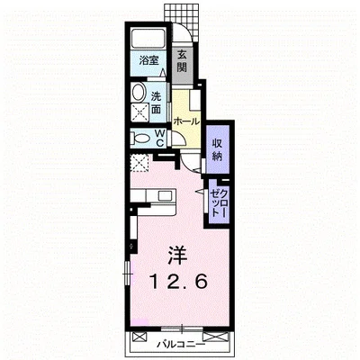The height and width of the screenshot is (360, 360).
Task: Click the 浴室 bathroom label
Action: (x=148, y=61)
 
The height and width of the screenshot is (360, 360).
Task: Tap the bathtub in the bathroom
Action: (x=148, y=38)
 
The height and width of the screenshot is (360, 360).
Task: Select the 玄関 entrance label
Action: (x=182, y=61)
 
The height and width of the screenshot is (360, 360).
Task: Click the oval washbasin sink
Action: (x=138, y=92)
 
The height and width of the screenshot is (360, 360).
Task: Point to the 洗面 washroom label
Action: (x=156, y=103)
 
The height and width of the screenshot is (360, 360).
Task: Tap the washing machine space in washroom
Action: (x=140, y=112)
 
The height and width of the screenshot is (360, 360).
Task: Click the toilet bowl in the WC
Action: (x=141, y=139)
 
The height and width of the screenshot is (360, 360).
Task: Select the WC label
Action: (x=160, y=138)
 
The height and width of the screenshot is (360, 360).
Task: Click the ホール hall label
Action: (x=186, y=121)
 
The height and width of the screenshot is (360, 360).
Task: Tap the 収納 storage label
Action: (x=218, y=149)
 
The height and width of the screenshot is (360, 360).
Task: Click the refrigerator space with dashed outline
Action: (x=139, y=163)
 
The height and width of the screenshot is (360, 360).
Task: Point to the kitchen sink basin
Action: (x=165, y=196)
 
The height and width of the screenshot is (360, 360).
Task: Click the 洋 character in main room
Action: (x=177, y=256)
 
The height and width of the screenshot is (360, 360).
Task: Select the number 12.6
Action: (x=179, y=282)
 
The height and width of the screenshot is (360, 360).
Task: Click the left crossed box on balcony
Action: (x=139, y=337)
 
